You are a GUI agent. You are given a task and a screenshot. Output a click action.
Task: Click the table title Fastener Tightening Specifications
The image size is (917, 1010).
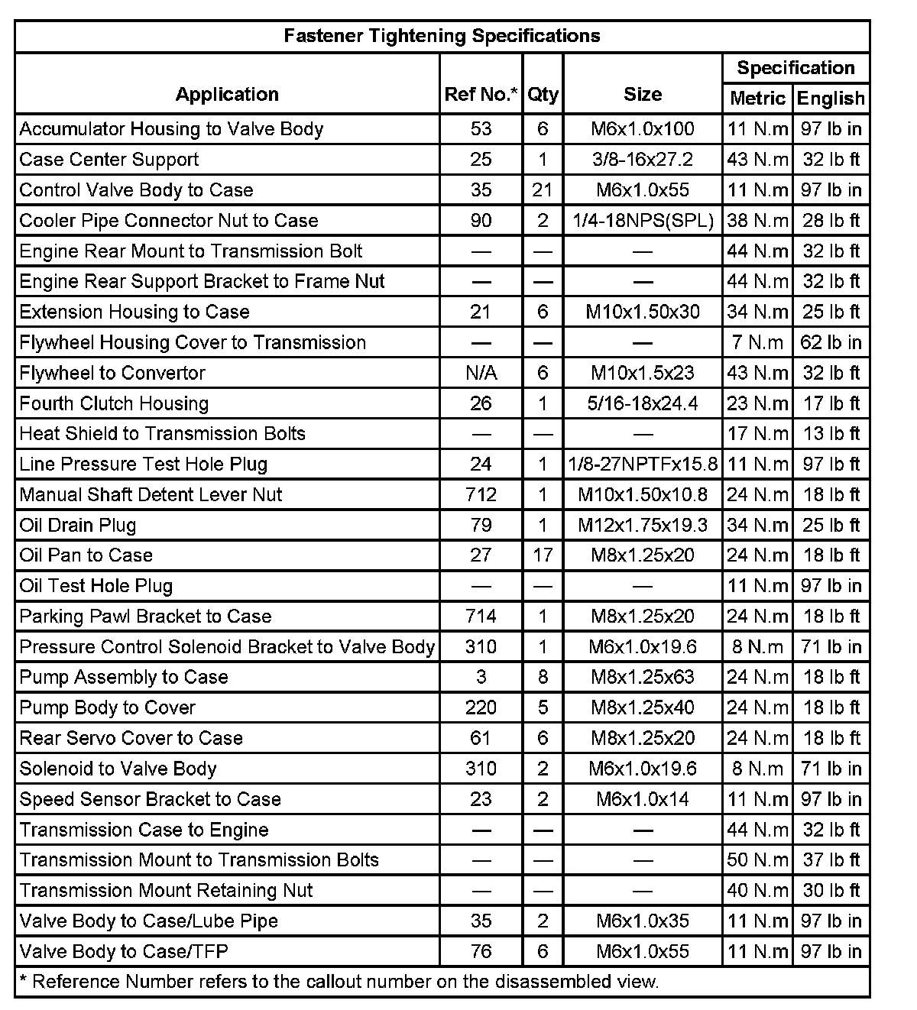pyautogui.click(x=442, y=36)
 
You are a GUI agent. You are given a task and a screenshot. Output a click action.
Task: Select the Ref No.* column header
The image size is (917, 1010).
pyautogui.click(x=481, y=95)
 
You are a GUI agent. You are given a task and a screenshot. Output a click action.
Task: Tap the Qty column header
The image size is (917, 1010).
pyautogui.click(x=543, y=95)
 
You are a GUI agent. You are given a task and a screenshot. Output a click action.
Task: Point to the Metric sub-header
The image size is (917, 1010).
pyautogui.click(x=757, y=99)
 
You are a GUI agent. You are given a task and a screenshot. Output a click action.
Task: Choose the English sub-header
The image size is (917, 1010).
pyautogui.click(x=831, y=99)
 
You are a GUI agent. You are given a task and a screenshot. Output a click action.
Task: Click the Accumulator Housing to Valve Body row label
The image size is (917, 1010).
pyautogui.click(x=171, y=129)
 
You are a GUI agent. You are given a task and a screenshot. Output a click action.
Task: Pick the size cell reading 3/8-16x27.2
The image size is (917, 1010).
pyautogui.click(x=643, y=160)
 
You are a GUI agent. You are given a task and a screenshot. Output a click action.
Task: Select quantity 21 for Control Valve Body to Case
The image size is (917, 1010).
pyautogui.click(x=543, y=190)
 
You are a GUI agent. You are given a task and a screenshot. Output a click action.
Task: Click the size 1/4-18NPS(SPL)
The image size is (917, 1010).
pyautogui.click(x=643, y=221)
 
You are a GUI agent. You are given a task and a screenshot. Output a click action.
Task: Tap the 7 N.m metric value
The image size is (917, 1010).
pyautogui.click(x=757, y=342)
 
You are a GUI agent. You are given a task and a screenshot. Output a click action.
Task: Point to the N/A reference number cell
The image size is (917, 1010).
pyautogui.click(x=481, y=373)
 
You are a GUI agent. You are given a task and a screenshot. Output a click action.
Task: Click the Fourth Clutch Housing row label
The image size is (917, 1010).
pyautogui.click(x=114, y=403)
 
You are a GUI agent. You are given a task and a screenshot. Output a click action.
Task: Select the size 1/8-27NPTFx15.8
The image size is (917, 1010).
pyautogui.click(x=643, y=465)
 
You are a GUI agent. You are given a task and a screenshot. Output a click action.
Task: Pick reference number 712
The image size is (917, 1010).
pyautogui.click(x=481, y=494)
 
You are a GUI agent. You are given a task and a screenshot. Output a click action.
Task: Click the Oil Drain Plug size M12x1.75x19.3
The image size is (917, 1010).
pyautogui.click(x=643, y=525)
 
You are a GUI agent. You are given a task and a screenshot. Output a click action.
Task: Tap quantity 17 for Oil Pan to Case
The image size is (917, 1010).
pyautogui.click(x=543, y=555)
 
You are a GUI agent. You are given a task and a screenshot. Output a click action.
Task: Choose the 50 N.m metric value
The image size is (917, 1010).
pyautogui.click(x=757, y=860)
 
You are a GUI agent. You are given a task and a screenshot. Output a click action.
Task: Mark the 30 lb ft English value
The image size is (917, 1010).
pyautogui.click(x=831, y=891)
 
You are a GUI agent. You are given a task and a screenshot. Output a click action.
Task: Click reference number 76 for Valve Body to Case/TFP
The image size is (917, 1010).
pyautogui.click(x=481, y=951)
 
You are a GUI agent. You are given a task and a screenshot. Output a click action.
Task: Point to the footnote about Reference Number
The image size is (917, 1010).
pyautogui.click(x=338, y=982)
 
